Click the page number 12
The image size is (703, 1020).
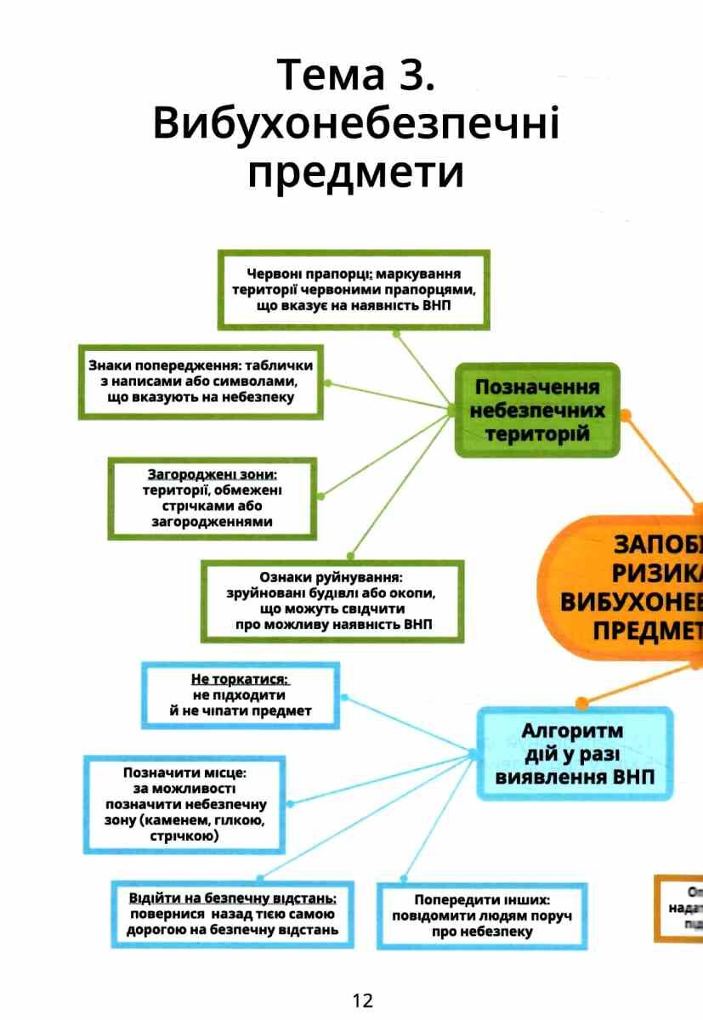pos(362,1000)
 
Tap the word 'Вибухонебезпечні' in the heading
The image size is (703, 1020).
pos(356,125)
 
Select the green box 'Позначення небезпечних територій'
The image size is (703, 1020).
pos(536,411)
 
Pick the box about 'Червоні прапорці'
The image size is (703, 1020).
pos(354,289)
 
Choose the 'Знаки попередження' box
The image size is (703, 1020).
pos(201,381)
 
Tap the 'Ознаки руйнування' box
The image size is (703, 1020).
pos(332,601)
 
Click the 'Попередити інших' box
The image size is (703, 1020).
pos(482,915)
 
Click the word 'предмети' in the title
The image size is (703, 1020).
pos(356,173)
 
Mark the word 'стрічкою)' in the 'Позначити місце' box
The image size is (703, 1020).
pos(184,836)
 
